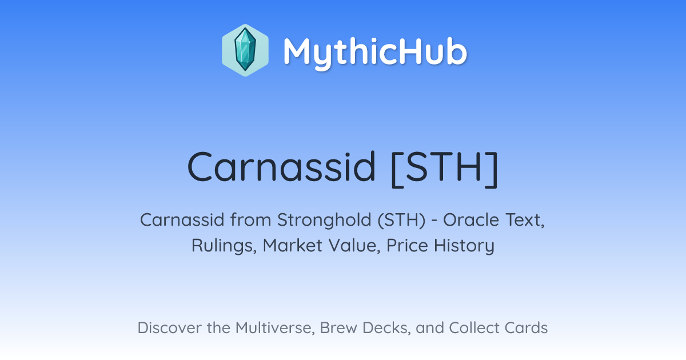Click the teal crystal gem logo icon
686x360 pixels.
click(245, 50)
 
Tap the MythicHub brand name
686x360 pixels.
click(375, 52)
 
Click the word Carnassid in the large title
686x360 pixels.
click(281, 167)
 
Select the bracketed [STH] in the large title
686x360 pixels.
click(445, 169)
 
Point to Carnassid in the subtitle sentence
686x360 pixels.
click(182, 220)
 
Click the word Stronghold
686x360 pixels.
click(324, 221)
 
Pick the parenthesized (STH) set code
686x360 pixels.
click(401, 221)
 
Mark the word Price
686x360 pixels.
click(407, 245)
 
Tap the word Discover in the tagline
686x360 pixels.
click(169, 327)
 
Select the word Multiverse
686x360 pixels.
click(276, 328)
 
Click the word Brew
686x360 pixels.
click(338, 327)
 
